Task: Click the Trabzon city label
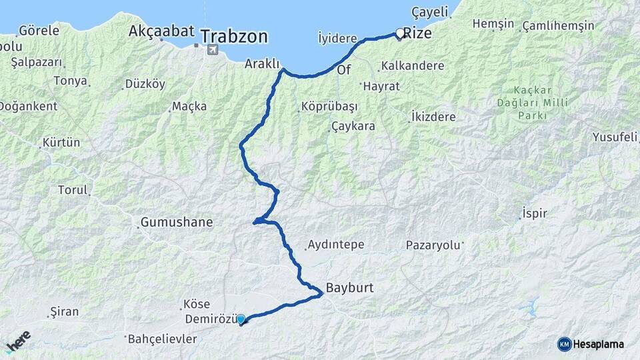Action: tap(234, 35)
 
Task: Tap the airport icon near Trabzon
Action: tap(212, 50)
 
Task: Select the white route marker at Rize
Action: tap(400, 33)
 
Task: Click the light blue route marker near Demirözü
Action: tap(240, 319)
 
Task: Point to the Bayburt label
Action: tap(349, 289)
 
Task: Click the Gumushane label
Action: tap(177, 223)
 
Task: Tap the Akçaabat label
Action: tap(161, 31)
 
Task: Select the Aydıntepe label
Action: tap(335, 245)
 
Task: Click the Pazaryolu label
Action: tap(433, 245)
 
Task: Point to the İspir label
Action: tap(535, 213)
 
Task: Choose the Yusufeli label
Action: tap(615, 137)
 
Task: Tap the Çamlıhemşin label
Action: tap(559, 25)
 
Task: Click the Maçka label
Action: tap(189, 106)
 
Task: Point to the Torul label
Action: tap(73, 190)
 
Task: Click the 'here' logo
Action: tap(18, 341)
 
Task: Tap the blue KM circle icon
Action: tap(564, 344)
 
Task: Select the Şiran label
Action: tap(65, 311)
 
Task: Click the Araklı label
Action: tap(261, 64)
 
